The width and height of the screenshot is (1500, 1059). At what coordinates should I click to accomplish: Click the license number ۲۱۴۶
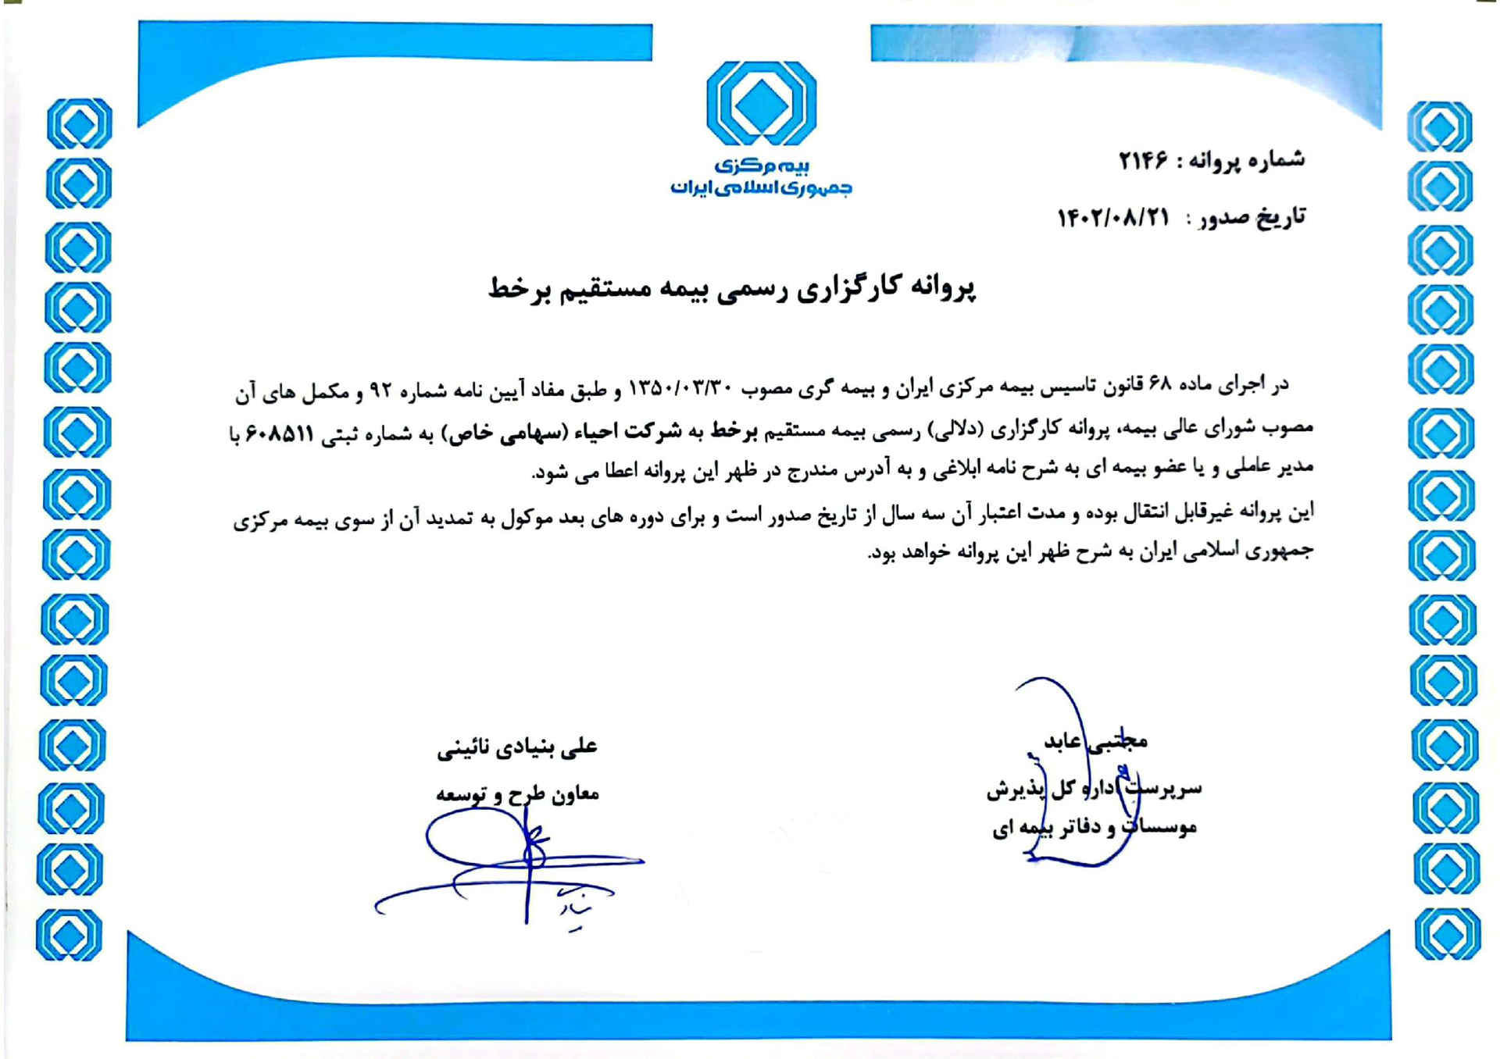pyautogui.click(x=1143, y=161)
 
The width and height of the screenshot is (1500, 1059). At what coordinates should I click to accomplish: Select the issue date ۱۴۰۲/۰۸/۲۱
pyautogui.click(x=1112, y=218)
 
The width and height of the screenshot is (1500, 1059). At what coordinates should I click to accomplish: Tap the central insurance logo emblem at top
pyautogui.click(x=761, y=103)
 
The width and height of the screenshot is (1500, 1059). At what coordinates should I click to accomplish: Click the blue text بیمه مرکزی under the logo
pyautogui.click(x=762, y=166)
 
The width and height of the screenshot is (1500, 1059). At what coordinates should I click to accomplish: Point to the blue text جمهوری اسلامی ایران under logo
pyautogui.click(x=761, y=188)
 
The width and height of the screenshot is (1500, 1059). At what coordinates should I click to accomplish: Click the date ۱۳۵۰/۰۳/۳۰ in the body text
pyautogui.click(x=680, y=387)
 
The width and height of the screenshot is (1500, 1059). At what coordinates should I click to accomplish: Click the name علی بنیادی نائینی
pyautogui.click(x=516, y=747)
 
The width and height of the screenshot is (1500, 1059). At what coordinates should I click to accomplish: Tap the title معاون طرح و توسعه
pyautogui.click(x=517, y=794)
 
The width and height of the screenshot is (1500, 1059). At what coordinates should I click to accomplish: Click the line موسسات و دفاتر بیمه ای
pyautogui.click(x=1095, y=826)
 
